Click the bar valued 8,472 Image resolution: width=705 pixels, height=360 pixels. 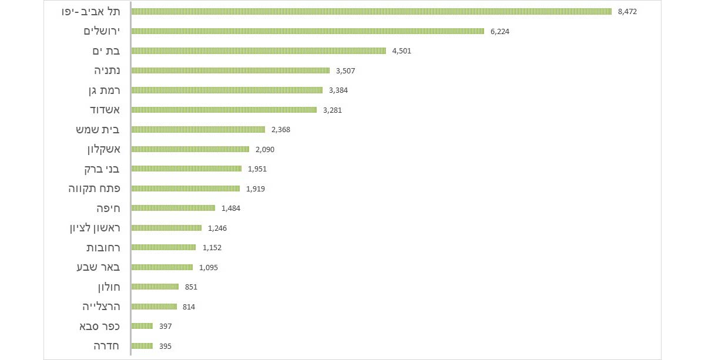point(371,12)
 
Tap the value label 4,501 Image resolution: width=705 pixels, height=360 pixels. point(402,51)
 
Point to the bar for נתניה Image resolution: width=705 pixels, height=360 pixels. point(230,70)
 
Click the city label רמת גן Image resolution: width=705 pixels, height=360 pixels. point(101,90)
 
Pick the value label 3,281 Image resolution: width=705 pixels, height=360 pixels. point(333,110)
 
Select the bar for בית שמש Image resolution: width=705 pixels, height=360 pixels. point(199,130)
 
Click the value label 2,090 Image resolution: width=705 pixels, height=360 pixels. point(265,149)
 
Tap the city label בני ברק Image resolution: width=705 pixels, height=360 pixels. point(102,169)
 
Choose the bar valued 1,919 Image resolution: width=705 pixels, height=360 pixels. point(186,189)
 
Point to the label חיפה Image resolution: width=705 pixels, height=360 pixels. point(108,208)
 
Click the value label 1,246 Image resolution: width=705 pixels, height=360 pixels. point(217,228)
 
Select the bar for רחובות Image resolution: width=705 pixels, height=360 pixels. point(164,248)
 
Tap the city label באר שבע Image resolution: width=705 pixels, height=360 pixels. point(98,267)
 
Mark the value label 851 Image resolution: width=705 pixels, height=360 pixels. point(191,287)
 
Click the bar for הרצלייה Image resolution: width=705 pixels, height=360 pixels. point(155,307)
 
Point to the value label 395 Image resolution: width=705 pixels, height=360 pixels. point(165,346)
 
